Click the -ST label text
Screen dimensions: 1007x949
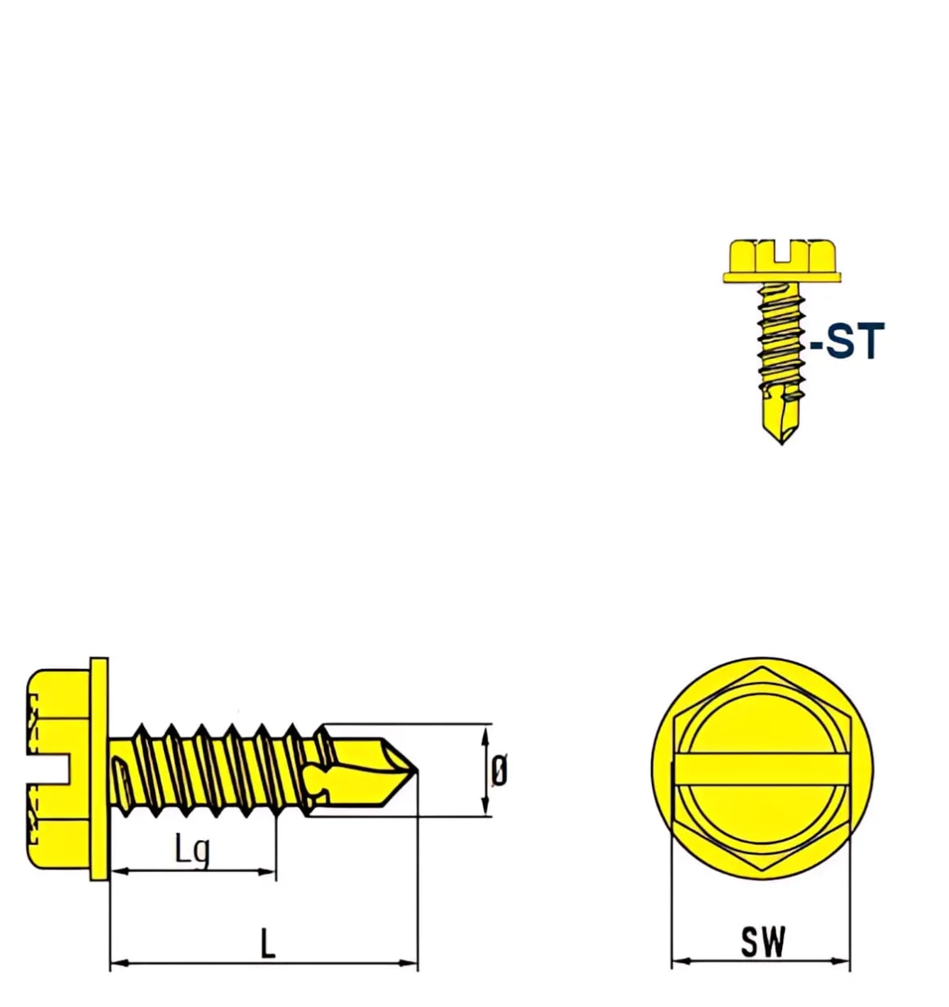[848, 341]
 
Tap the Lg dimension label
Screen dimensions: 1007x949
[193, 848]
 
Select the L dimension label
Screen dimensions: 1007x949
[268, 945]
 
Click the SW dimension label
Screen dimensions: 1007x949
[763, 942]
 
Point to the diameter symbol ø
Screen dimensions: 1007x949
[499, 771]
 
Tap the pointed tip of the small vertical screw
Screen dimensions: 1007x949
[781, 441]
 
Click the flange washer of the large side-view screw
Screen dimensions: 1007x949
[99, 769]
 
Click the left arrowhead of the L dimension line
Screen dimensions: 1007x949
[115, 964]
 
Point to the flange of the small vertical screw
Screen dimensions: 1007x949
[782, 277]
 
